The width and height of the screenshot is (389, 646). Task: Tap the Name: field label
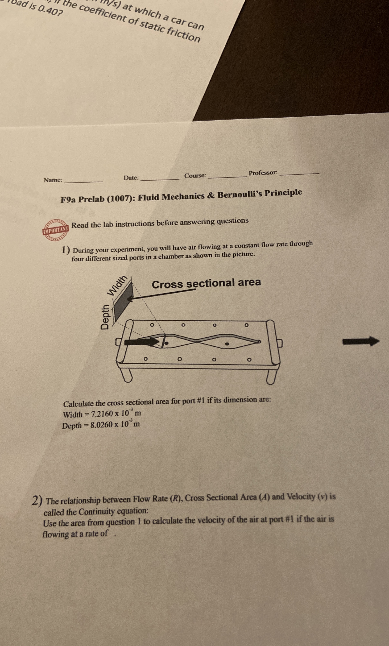coord(53,180)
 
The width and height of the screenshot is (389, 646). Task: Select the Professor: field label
coord(263,173)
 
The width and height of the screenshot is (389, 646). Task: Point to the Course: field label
coord(195,176)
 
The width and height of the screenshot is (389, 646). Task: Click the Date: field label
coord(131,178)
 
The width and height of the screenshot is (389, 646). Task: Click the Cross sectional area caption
coord(206,283)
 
